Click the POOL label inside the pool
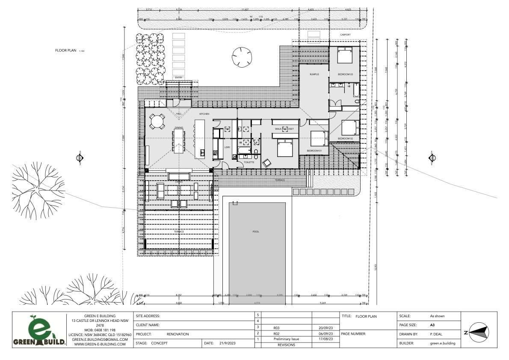(x=256, y=232)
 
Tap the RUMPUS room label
(x=314, y=74)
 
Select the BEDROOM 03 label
(x=345, y=74)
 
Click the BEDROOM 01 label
(x=314, y=151)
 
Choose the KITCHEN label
(x=204, y=114)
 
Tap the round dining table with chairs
(x=157, y=121)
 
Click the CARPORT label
(x=345, y=35)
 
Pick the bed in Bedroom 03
(x=344, y=56)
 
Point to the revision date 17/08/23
(x=326, y=339)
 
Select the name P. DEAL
(x=436, y=334)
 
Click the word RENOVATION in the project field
(x=178, y=334)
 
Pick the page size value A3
(x=432, y=325)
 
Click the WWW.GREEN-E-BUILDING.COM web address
(x=100, y=344)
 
